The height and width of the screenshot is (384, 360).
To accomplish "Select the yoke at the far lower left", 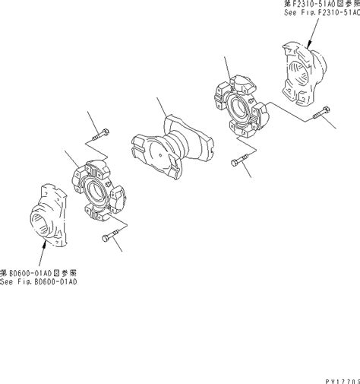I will coord(51,215).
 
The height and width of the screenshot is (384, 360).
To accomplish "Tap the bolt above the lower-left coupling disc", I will coord(99,138).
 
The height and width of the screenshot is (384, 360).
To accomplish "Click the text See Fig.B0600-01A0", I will coord(39,281).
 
